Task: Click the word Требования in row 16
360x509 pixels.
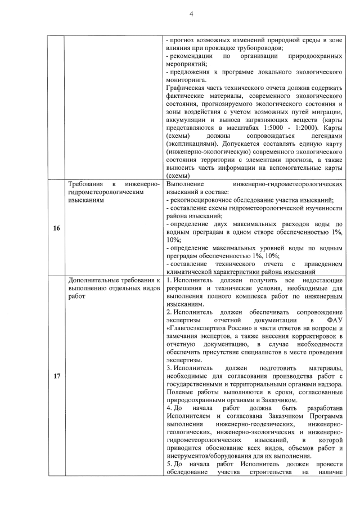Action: click(88, 184)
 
